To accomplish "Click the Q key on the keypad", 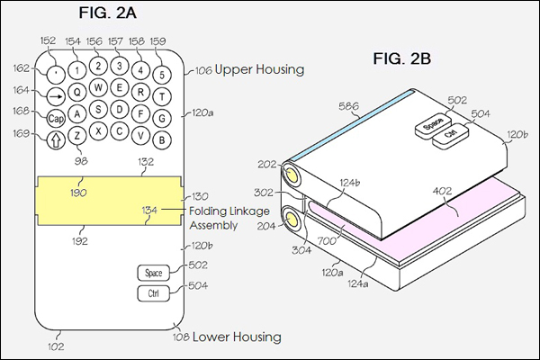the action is (x=77, y=93).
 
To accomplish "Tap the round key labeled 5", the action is (x=162, y=75).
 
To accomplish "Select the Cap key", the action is (x=56, y=119).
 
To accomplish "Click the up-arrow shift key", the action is (x=56, y=139).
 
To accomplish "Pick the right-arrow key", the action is (x=56, y=96).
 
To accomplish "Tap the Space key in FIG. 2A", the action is (x=154, y=273).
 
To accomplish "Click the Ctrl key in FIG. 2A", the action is (x=154, y=293).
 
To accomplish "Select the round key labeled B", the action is (x=162, y=139).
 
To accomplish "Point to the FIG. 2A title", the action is (x=108, y=13).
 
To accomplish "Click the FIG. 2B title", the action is (x=402, y=58).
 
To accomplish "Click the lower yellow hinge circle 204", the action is (x=292, y=220).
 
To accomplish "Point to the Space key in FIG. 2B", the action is (x=433, y=124).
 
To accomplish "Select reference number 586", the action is (x=348, y=106).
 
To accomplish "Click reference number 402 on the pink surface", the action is (x=442, y=191).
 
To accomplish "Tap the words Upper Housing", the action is (x=259, y=69).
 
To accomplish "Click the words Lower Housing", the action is (x=237, y=337).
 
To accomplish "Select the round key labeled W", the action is (x=98, y=87).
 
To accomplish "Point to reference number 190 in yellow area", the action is (x=78, y=193).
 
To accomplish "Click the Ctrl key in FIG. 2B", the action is (x=451, y=134).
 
